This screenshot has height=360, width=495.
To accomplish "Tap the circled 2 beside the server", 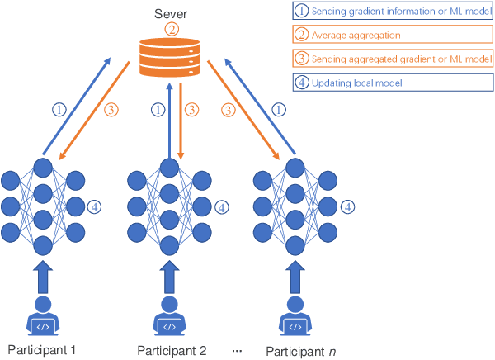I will click(x=171, y=30).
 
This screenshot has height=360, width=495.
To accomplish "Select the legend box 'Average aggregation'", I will click(x=385, y=36).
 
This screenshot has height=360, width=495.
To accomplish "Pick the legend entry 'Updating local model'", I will click(x=385, y=83).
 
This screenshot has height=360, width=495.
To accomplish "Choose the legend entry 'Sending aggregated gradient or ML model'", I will click(x=385, y=59).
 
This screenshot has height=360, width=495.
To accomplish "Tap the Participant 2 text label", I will click(x=170, y=350).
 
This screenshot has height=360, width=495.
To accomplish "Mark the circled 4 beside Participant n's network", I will click(x=348, y=206).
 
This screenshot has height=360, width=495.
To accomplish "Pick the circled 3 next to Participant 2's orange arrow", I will click(x=191, y=108).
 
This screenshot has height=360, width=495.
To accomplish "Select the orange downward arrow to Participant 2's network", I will click(x=181, y=124).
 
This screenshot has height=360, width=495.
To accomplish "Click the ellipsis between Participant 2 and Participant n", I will click(x=237, y=351).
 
